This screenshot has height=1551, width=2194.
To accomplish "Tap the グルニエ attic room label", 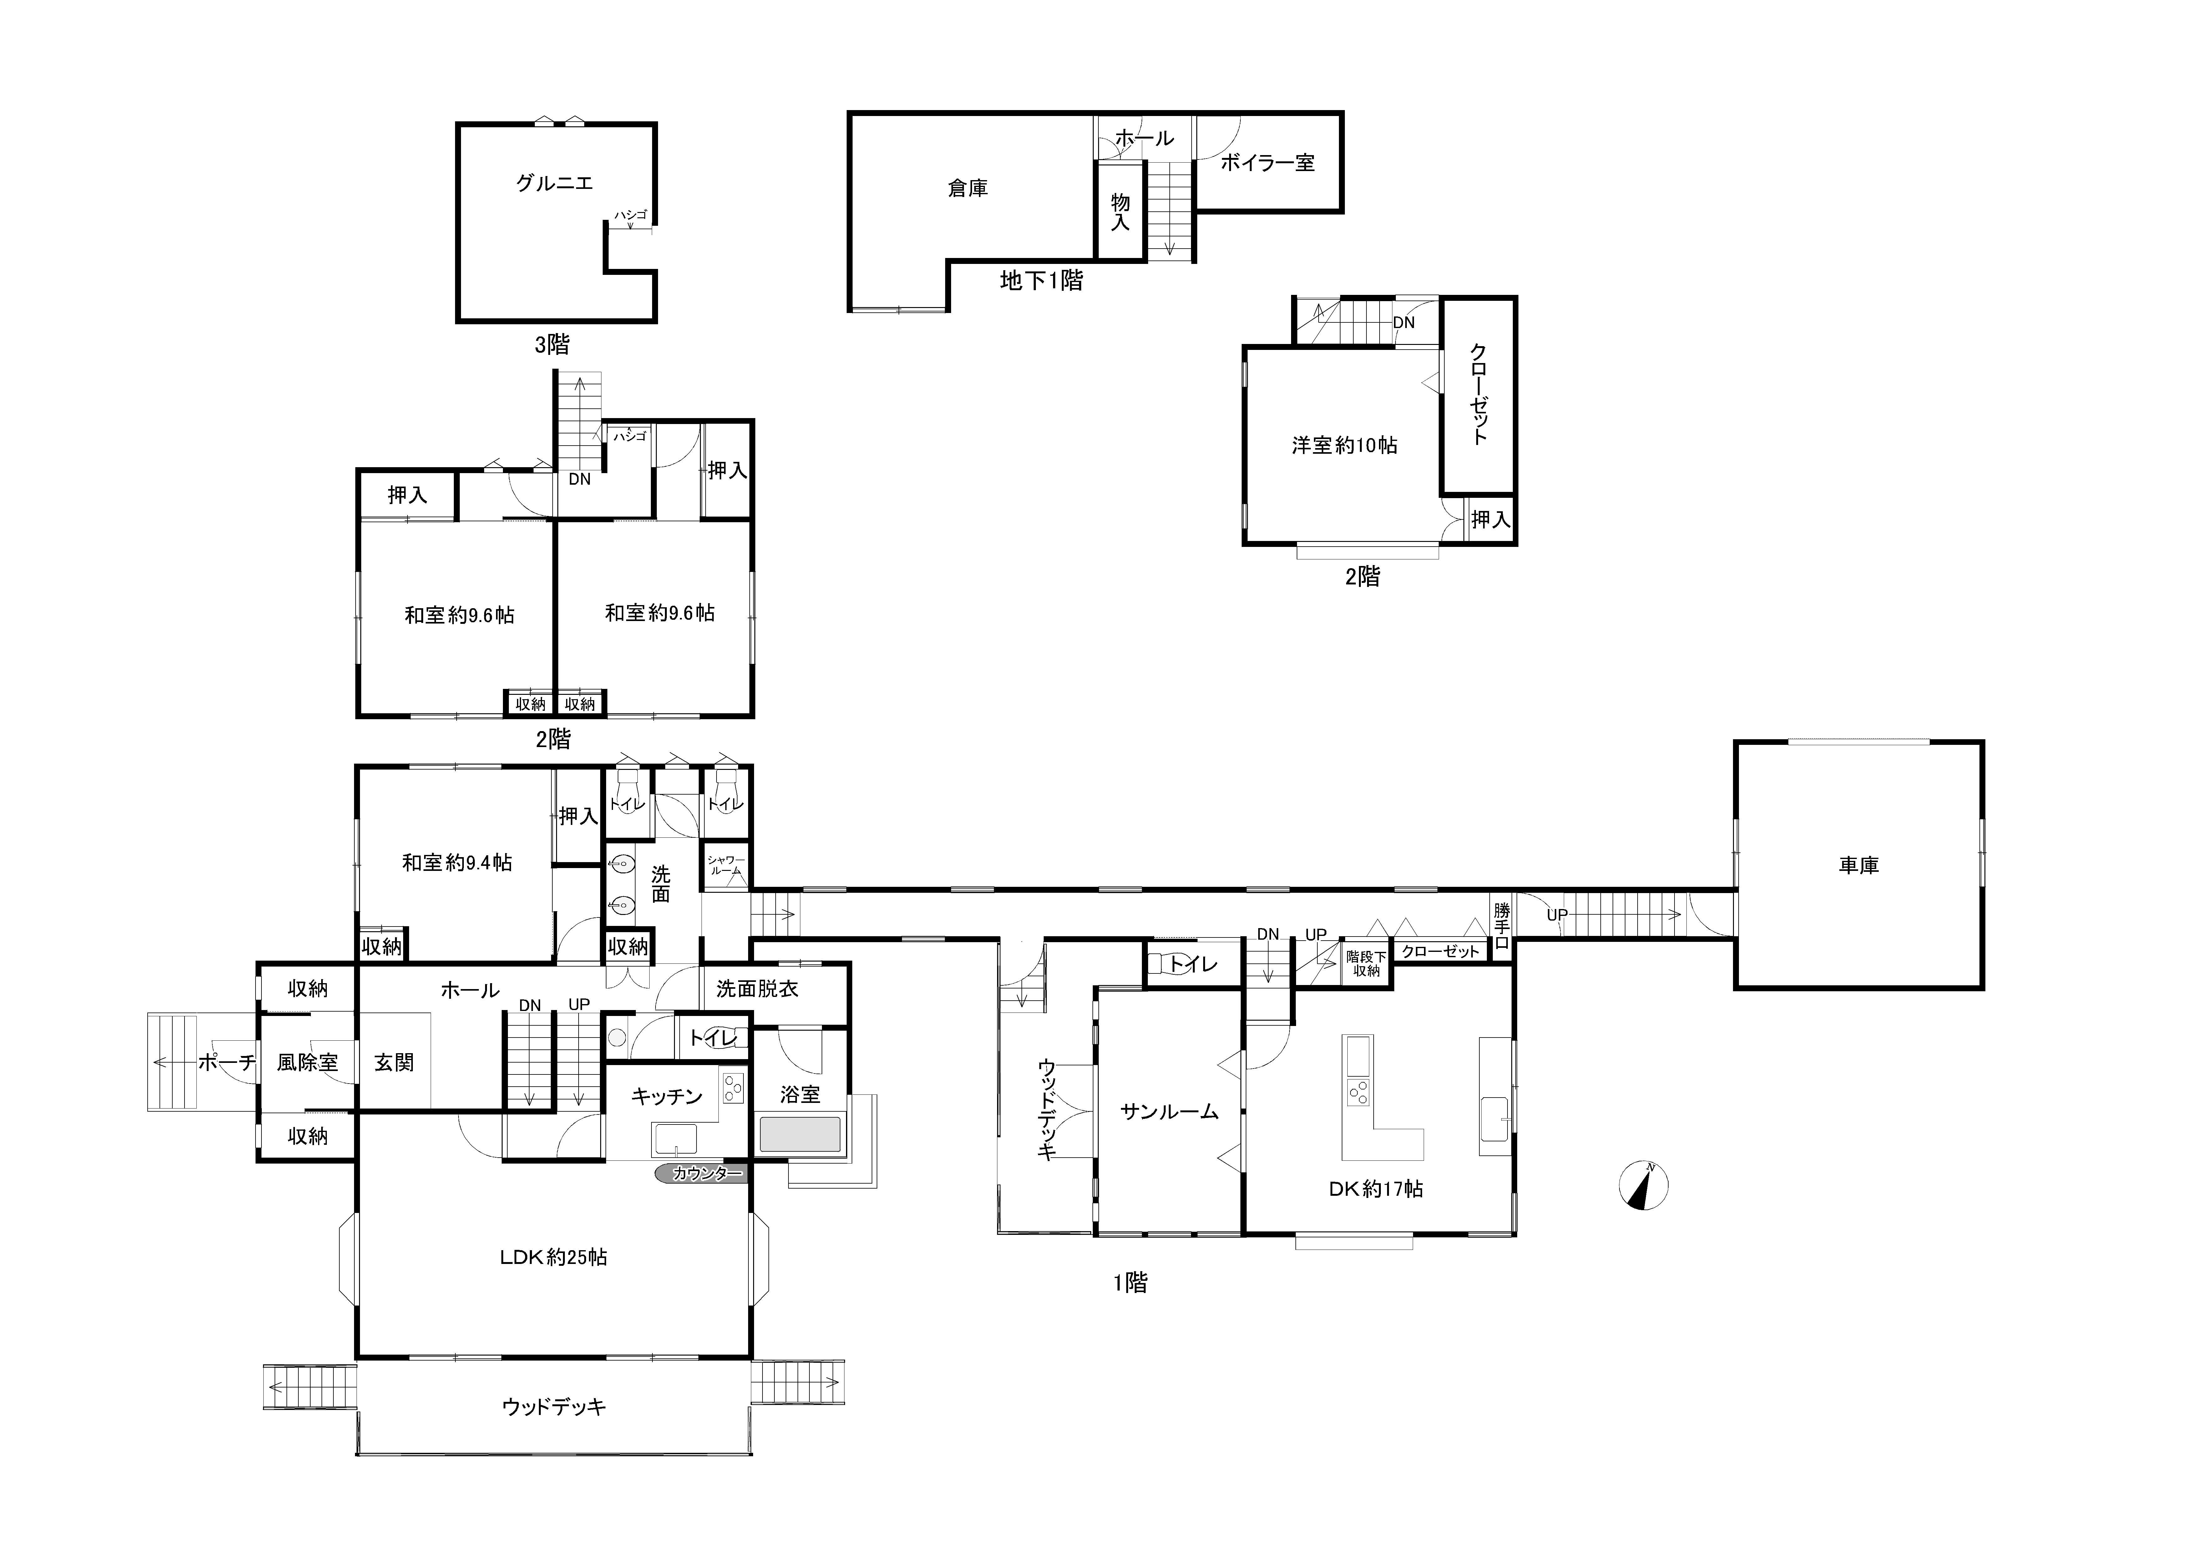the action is (x=554, y=183).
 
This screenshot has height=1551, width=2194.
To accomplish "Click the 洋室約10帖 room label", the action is (x=1345, y=445).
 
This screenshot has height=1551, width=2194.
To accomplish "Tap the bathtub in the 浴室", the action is (x=800, y=1134).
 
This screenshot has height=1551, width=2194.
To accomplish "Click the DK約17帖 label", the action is (x=1376, y=1189).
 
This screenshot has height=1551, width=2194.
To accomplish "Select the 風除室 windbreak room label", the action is (x=308, y=1062).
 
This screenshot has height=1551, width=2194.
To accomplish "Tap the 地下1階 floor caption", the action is (x=1041, y=280).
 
